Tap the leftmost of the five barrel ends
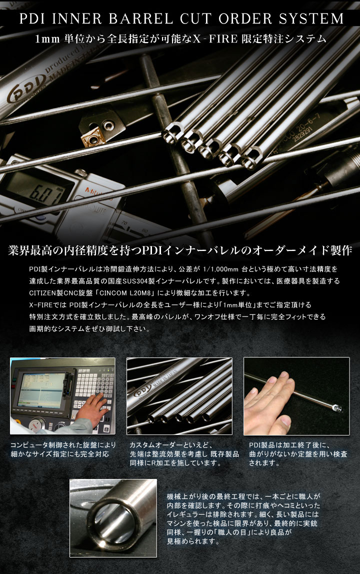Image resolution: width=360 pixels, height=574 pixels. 172,132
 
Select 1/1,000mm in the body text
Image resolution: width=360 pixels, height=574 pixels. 220,269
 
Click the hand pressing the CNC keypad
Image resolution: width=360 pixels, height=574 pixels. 91,407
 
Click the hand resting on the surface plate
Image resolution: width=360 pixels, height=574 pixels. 268,401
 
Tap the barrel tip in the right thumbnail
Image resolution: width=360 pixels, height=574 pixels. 336,407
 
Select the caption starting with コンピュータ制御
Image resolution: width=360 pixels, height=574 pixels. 62,449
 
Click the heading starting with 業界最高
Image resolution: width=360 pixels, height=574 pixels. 180,250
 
